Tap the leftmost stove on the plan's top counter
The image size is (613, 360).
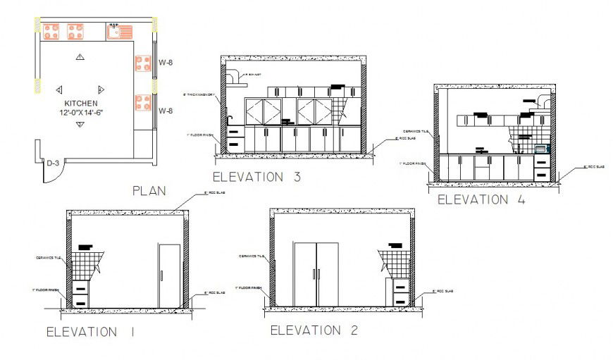[51, 30]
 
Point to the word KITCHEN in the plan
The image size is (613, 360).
[80, 103]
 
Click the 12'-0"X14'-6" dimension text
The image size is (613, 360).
[80, 113]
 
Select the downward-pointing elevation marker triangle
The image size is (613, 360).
[80, 125]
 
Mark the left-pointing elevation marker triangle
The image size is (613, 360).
[58, 89]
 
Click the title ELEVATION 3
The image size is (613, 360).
[257, 177]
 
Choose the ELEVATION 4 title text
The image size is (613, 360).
[481, 199]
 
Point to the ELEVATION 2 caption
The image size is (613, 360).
[315, 330]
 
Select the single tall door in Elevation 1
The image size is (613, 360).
[169, 276]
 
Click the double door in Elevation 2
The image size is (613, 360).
[316, 275]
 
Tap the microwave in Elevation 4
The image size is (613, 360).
[540, 149]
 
